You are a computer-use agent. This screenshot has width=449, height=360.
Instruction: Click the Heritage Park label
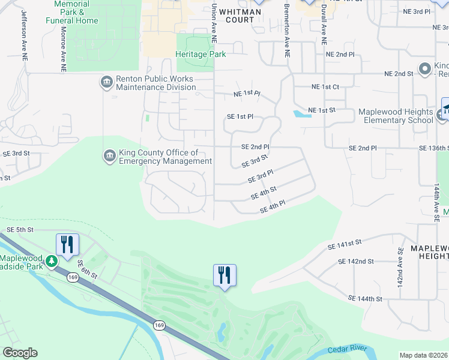200,55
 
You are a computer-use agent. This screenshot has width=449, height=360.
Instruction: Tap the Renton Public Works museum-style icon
107,82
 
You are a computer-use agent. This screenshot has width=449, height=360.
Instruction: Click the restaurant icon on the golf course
224,275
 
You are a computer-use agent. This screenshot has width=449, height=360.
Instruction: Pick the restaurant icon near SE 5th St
67,244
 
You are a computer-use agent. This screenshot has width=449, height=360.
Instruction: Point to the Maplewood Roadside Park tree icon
53,261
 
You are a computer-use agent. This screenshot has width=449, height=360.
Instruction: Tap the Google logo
20,353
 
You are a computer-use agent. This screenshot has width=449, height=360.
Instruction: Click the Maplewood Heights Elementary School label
396,116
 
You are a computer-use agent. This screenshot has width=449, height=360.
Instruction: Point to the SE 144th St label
365,298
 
